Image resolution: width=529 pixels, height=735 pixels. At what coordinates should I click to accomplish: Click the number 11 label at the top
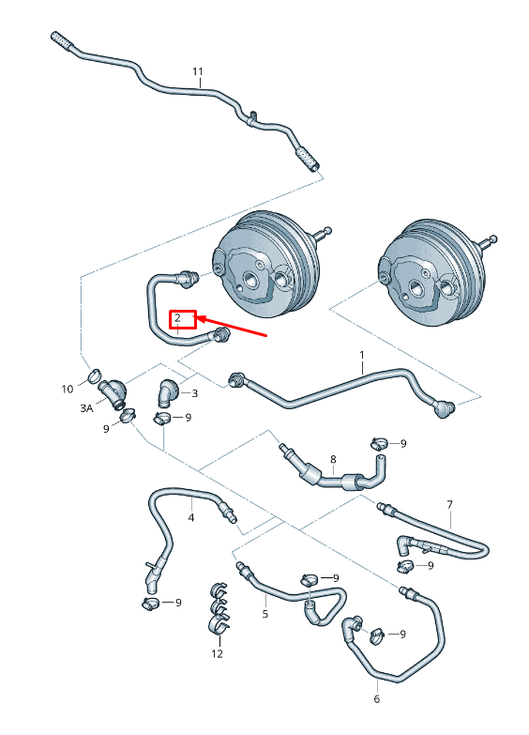pyautogui.click(x=198, y=71)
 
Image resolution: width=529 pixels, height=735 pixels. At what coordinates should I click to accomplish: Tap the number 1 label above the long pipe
pyautogui.click(x=362, y=356)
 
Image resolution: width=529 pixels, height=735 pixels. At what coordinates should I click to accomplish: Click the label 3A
pyautogui.click(x=86, y=408)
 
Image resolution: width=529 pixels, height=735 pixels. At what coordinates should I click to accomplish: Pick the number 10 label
pyautogui.click(x=67, y=389)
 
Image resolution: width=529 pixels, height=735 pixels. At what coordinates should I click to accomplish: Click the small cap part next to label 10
pyautogui.click(x=94, y=377)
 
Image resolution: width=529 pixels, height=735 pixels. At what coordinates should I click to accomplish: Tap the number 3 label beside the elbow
pyautogui.click(x=194, y=393)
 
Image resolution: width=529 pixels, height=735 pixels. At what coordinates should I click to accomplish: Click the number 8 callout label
pyautogui.click(x=332, y=459)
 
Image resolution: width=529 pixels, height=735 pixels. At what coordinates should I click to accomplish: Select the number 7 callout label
pyautogui.click(x=449, y=504)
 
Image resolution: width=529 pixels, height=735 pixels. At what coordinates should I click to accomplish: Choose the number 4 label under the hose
pyautogui.click(x=191, y=516)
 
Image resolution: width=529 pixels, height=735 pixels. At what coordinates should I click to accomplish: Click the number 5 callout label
pyautogui.click(x=265, y=614)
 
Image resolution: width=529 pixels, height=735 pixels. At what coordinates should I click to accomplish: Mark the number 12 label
pyautogui.click(x=218, y=653)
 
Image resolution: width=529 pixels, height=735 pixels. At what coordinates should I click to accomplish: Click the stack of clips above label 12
pyautogui.click(x=218, y=611)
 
